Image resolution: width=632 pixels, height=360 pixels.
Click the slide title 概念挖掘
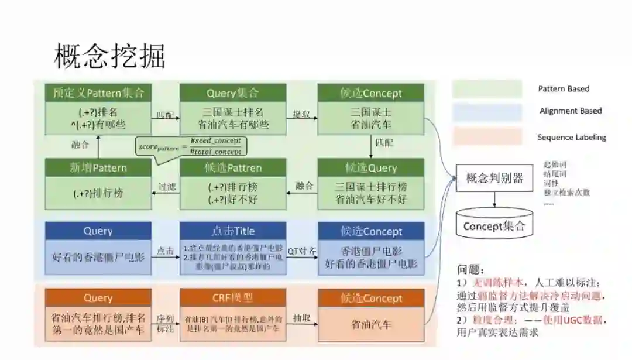109,56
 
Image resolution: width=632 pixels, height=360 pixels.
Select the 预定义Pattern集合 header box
98,93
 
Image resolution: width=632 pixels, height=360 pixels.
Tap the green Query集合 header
233,93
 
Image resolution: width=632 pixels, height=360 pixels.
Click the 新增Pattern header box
98,167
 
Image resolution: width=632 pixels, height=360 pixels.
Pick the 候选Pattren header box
233,167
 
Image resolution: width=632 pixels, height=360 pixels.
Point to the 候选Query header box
370,167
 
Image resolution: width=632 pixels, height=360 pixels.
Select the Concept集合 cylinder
494,225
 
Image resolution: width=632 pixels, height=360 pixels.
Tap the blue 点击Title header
233,231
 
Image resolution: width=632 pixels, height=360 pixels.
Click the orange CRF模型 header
233,297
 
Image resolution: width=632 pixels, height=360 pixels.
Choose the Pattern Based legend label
564,89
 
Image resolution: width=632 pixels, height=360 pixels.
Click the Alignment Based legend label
571,111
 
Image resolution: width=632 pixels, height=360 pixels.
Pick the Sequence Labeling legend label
572,138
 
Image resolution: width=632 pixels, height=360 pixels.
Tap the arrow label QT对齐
302,251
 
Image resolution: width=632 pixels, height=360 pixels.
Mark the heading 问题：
470,270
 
